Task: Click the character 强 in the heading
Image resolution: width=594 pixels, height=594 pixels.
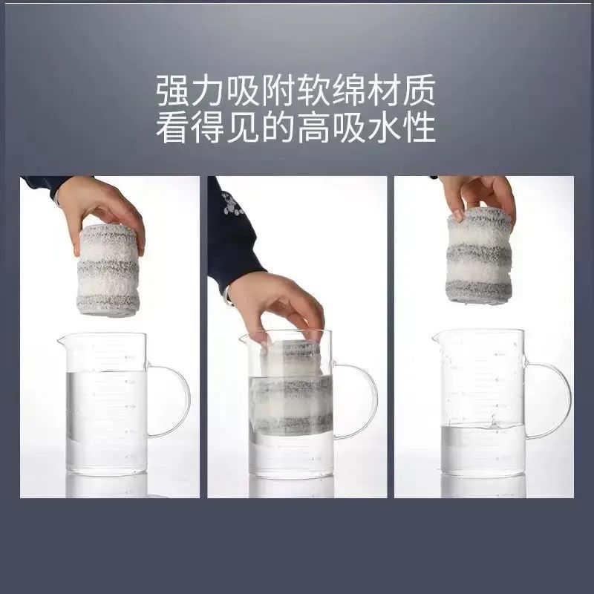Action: [173, 91]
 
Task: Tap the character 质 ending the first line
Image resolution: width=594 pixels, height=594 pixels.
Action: [418, 91]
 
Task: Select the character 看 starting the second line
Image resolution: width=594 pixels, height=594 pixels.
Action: [173, 128]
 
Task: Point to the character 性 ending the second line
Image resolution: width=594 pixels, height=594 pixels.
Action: [418, 128]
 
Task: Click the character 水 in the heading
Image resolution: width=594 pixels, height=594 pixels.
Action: [383, 128]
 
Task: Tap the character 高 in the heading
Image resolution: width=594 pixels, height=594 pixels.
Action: [313, 128]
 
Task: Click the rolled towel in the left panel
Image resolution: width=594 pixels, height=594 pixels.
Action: [108, 270]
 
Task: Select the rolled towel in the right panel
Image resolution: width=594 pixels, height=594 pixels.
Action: [479, 255]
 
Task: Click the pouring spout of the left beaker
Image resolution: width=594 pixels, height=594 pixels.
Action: [62, 339]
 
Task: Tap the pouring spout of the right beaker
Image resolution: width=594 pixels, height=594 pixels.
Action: [437, 338]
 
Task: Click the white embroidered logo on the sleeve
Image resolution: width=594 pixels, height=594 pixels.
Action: [231, 203]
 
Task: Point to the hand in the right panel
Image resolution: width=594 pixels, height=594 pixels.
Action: [478, 197]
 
